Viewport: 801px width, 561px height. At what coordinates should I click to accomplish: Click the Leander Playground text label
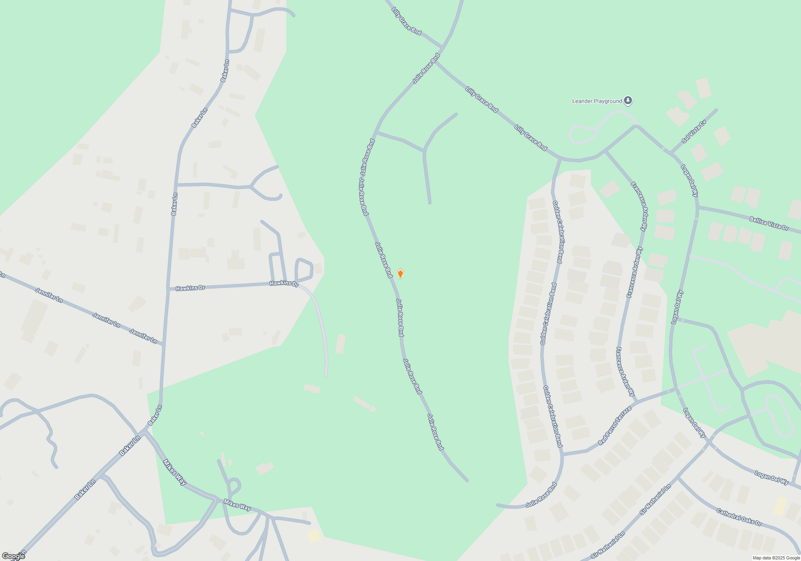point(597,101)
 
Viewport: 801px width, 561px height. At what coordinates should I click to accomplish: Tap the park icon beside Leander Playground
point(628,101)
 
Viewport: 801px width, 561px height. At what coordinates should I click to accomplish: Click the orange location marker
point(400,274)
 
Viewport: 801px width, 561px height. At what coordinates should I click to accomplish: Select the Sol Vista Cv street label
point(694,131)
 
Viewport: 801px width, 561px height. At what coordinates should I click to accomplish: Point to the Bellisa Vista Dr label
point(769,223)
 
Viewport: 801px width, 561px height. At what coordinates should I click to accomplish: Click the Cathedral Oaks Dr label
point(739,517)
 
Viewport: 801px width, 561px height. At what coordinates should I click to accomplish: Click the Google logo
point(13,556)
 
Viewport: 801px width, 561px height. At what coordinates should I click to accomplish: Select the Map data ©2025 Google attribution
point(776,558)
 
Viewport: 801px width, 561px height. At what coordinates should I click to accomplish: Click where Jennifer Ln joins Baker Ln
point(163,345)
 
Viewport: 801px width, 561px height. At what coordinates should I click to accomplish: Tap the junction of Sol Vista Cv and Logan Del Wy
point(671,153)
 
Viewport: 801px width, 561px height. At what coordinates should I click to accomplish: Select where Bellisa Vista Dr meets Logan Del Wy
point(697,207)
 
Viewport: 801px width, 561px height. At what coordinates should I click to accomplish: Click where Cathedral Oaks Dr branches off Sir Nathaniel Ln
point(678,478)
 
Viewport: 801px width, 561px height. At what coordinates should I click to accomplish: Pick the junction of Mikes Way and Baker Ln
point(144,432)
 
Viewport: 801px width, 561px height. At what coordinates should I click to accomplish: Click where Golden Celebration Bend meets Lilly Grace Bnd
point(560,159)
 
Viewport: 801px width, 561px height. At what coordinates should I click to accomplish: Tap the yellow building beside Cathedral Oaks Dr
point(779,506)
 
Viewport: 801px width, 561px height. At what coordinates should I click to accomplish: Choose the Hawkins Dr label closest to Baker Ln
point(190,288)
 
